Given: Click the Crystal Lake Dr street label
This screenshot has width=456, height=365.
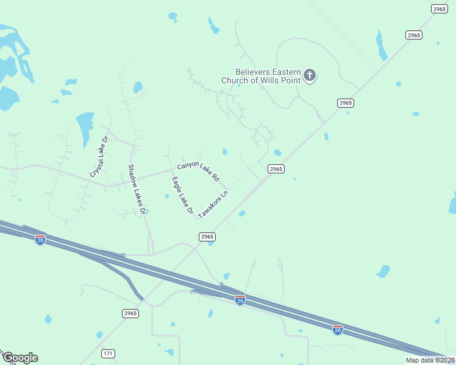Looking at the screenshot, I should [98, 157].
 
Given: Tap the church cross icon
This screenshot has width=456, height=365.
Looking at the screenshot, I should [310, 75].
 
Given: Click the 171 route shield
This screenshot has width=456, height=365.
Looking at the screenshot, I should [109, 353].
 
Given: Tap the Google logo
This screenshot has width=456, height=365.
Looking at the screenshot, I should [20, 358].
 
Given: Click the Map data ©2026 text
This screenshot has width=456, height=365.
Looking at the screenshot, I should [430, 360].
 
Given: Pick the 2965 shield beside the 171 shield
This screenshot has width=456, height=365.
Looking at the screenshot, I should [130, 313].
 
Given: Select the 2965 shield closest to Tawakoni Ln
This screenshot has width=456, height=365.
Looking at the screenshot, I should [207, 237].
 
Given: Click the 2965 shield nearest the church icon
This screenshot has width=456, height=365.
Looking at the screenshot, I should [345, 103].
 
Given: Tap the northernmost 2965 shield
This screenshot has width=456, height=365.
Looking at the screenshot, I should [439, 8].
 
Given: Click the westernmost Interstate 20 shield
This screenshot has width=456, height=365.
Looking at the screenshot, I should [40, 240].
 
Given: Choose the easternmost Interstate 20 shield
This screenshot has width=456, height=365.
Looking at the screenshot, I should [338, 329].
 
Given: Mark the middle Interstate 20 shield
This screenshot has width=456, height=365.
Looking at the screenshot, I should [240, 299].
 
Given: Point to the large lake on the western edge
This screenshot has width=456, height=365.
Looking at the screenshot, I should [10, 61].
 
